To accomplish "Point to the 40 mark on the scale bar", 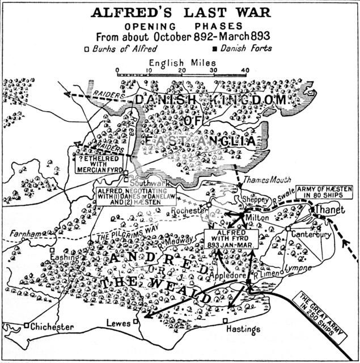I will pyautogui.click(x=245, y=70).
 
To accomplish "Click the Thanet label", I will pyautogui.click(x=330, y=210).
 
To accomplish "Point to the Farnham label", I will pyautogui.click(x=22, y=233).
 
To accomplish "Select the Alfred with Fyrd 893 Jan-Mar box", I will pyautogui.click(x=231, y=239).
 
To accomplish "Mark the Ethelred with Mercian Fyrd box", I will pyautogui.click(x=100, y=163).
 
